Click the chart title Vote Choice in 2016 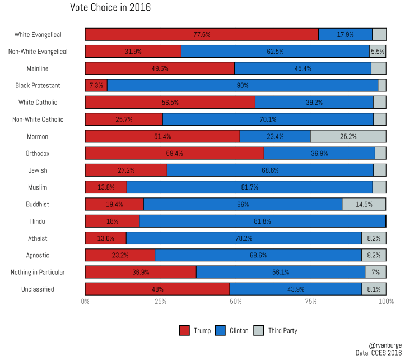pos(110,8)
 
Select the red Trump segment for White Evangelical pos(202,34)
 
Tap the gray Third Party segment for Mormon pos(348,136)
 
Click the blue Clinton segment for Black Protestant pos(243,85)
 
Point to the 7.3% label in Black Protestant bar pos(96,85)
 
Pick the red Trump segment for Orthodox pos(174,153)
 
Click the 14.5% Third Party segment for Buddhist pos(364,204)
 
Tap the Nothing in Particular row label pos(38,273)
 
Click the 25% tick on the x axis pos(160,302)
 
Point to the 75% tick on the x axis pos(311,302)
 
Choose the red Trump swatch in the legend pos(184,330)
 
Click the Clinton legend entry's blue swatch pos(220,330)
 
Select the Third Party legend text pos(282,330)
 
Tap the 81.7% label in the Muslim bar pos(249,187)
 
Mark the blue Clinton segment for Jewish pos(270,170)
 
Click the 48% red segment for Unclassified pos(157,289)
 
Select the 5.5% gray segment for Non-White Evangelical pos(377,52)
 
